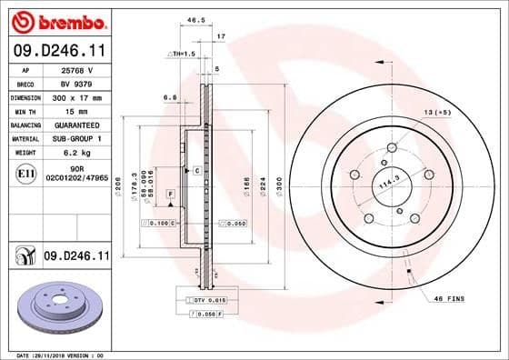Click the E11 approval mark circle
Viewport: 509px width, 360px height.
tap(25, 172)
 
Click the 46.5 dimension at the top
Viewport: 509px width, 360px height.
tap(195, 18)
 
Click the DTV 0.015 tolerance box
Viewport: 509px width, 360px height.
tap(197, 299)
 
